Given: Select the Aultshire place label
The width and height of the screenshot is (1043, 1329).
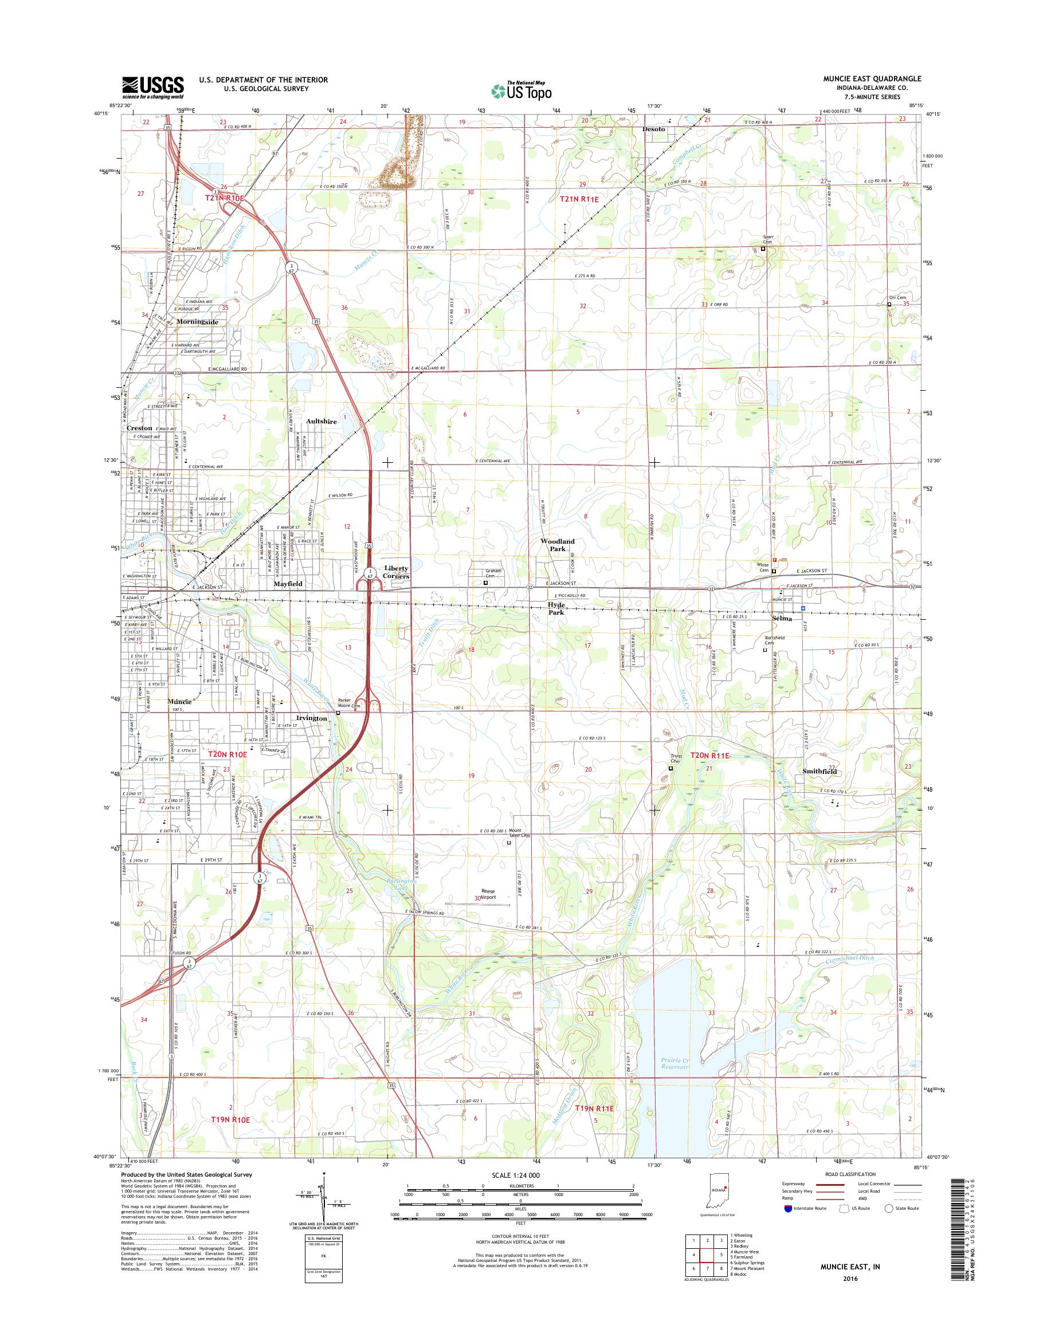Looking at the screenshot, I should click(x=321, y=421).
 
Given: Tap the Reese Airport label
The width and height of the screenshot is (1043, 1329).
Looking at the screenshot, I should click(x=488, y=894).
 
